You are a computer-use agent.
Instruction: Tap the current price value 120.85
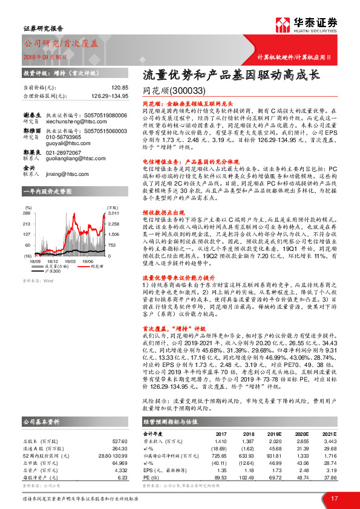tap(119, 87)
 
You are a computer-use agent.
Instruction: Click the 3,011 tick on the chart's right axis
tap(115, 213)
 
